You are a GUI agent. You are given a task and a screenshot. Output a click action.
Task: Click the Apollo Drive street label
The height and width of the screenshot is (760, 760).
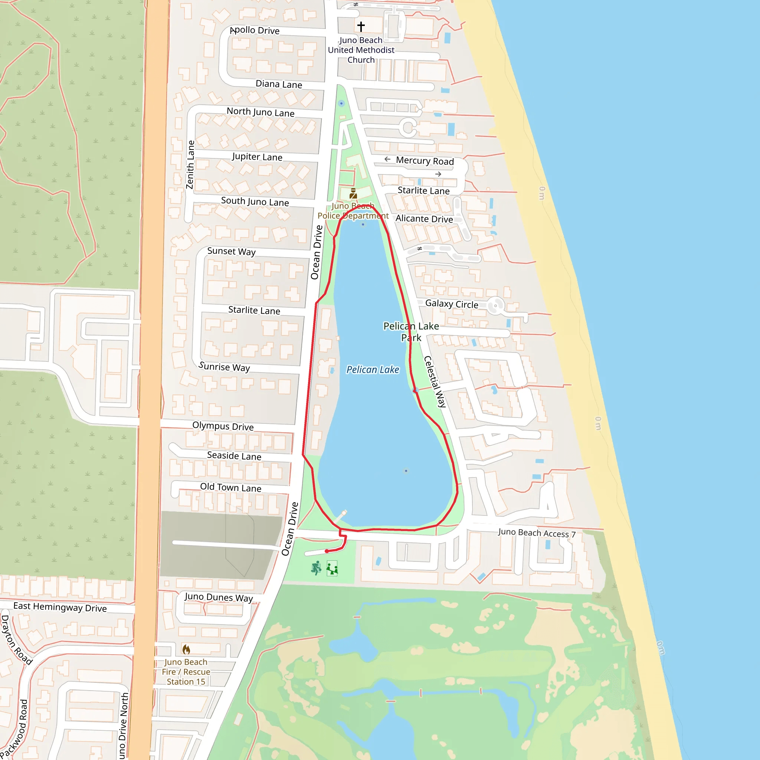tap(255, 30)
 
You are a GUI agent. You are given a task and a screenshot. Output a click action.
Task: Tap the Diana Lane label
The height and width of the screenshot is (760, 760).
tap(279, 84)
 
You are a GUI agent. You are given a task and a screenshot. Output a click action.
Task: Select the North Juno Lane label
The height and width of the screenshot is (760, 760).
tap(261, 112)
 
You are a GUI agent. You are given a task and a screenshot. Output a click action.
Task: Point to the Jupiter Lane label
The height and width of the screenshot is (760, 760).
tap(257, 157)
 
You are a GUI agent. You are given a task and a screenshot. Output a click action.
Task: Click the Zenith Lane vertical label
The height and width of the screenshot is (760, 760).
tap(190, 164)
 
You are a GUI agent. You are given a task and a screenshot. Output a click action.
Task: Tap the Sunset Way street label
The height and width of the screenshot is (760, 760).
tap(231, 251)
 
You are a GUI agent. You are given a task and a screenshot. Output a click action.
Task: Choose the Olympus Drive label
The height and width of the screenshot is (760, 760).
tap(223, 426)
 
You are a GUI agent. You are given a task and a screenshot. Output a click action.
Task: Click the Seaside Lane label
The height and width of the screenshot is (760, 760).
tap(234, 456)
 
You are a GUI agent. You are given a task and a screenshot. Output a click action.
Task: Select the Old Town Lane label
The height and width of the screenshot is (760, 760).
tap(230, 487)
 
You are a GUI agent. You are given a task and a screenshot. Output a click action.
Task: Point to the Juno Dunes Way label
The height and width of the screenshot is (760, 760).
tap(219, 597)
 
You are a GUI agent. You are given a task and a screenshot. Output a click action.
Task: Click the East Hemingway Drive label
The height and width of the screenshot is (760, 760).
tap(60, 607)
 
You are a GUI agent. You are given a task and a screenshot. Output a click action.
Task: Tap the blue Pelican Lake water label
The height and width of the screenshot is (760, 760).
tap(373, 370)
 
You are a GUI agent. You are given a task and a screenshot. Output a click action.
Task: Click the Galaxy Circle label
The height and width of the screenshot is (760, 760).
tap(452, 304)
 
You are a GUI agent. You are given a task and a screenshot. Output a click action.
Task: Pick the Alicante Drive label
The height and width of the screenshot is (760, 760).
tap(424, 219)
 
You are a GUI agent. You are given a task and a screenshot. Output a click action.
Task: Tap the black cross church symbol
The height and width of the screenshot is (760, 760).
tap(361, 26)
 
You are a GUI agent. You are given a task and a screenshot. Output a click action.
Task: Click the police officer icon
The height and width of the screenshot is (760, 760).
tap(353, 194)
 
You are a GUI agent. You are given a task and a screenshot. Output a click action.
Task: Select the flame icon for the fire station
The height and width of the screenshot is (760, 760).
tap(186, 649)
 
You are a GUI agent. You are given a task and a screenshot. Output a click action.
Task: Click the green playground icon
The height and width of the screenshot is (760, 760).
tap(332, 569)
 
